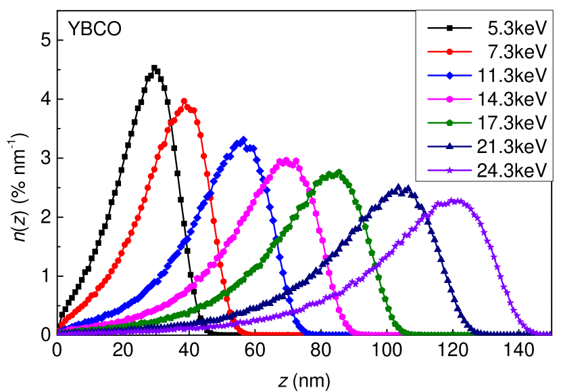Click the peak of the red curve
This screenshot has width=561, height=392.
pyautogui.click(x=185, y=102)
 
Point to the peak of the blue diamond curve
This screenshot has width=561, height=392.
pyautogui.click(x=243, y=139)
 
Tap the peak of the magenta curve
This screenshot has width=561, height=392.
pyautogui.click(x=285, y=160)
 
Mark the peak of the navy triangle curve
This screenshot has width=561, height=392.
pyautogui.click(x=398, y=187)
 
